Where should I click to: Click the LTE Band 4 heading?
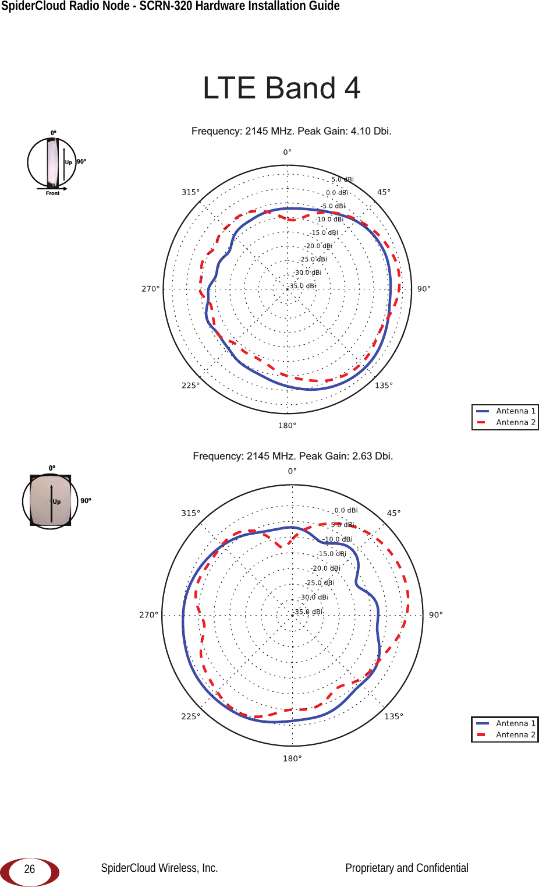click(x=281, y=87)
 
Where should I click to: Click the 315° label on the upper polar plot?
click(x=191, y=192)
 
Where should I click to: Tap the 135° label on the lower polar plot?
click(x=393, y=716)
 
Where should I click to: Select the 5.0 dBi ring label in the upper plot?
click(x=343, y=179)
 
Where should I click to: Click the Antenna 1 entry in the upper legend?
click(x=505, y=411)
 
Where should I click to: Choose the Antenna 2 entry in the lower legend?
click(x=505, y=735)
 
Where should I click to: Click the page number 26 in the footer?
click(x=30, y=869)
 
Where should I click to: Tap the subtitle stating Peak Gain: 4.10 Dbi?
click(x=292, y=131)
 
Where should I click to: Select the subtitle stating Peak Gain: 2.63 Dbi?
click(x=293, y=456)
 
